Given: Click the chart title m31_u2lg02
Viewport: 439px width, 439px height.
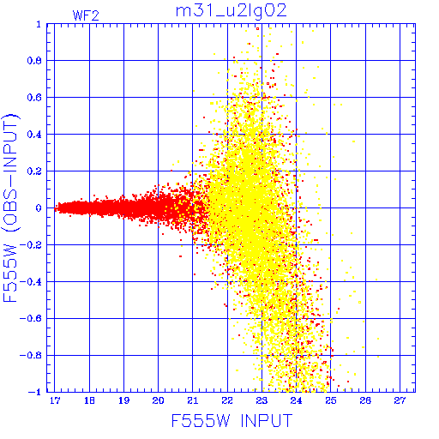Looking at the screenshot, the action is [x=231, y=11].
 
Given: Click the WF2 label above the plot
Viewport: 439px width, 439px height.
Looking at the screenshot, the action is [x=86, y=15].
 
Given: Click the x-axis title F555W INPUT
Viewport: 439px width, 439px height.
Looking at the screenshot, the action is [x=232, y=420].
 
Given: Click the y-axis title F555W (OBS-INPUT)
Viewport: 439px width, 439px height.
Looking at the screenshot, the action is [x=10, y=207].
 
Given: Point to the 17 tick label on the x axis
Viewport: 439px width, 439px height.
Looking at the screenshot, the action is [x=55, y=400].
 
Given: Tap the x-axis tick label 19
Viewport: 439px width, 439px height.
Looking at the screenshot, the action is [x=123, y=400].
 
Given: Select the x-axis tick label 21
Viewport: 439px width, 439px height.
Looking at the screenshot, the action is [x=193, y=400].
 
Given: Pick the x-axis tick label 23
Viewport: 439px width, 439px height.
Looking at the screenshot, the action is [x=262, y=400].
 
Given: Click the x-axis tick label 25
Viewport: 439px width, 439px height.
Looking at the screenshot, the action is [x=331, y=400].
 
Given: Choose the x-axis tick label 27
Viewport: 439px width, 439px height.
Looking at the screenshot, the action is [x=400, y=400].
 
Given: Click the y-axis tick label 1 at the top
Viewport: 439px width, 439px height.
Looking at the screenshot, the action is [x=39, y=24].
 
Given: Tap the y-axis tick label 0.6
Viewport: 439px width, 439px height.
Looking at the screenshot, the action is [x=34, y=98].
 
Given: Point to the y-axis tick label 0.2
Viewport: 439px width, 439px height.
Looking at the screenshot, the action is [x=34, y=171].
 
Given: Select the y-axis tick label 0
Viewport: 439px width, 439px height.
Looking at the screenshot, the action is [x=39, y=207].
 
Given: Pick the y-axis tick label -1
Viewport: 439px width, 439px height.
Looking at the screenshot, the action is [x=35, y=392].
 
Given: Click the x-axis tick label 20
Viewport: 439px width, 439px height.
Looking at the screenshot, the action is [x=158, y=400].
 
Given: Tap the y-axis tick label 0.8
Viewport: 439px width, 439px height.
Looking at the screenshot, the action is [x=34, y=61].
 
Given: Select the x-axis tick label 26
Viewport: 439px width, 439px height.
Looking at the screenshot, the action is [x=365, y=400].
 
